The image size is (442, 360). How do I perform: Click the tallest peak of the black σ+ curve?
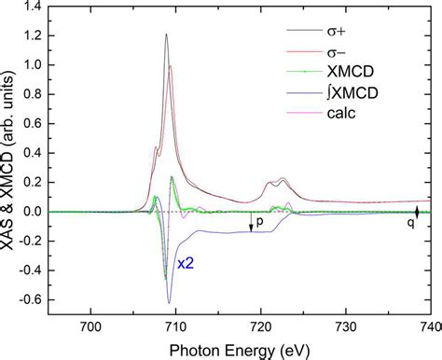[166, 35]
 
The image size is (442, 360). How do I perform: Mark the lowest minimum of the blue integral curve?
[170, 303]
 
